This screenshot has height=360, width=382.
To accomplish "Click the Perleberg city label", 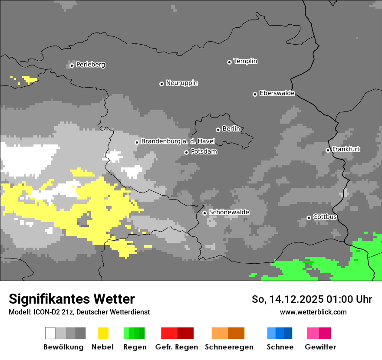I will click(x=90, y=65).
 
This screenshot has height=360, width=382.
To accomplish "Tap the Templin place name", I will click(x=245, y=61).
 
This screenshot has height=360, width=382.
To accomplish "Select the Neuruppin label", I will click(x=181, y=83).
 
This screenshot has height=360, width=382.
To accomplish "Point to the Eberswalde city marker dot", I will click(x=255, y=94).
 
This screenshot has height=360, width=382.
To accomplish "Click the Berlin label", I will click(x=231, y=129).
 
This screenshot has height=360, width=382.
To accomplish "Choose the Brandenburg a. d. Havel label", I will click(x=178, y=141).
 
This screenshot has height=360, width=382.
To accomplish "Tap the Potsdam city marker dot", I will click(x=186, y=152).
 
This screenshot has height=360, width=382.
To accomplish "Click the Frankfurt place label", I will click(x=346, y=149).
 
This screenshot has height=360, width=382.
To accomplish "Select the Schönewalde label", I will click(x=229, y=212).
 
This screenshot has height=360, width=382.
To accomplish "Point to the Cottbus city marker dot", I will click(x=309, y=218).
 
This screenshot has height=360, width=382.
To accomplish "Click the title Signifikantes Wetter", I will click(x=72, y=299).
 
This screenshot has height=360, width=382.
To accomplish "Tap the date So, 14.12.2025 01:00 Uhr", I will click(x=312, y=299).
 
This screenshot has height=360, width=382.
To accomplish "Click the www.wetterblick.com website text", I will click(x=313, y=312).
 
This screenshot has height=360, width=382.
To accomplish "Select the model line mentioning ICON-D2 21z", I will click(x=79, y=312).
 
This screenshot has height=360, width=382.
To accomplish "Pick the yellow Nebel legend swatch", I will click(x=103, y=333).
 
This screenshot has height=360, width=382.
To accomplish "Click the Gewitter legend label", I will click(x=320, y=347).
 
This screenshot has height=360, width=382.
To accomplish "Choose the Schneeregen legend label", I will click(x=229, y=347).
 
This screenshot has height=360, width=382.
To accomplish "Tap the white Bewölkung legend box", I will click(x=50, y=333).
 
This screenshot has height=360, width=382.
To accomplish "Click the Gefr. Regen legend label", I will click(x=176, y=347).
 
